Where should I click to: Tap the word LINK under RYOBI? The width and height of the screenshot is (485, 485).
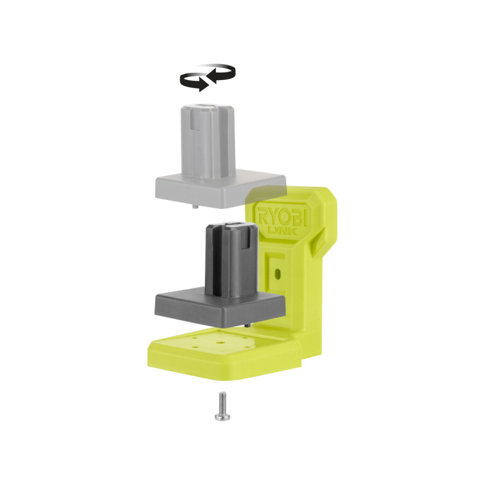282,231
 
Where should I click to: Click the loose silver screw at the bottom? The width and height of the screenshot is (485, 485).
222,406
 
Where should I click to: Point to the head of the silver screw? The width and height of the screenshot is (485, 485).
222,417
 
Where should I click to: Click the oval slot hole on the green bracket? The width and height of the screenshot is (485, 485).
278,273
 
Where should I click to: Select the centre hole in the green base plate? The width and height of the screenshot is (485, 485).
220,343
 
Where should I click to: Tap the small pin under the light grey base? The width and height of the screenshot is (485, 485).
195,207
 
